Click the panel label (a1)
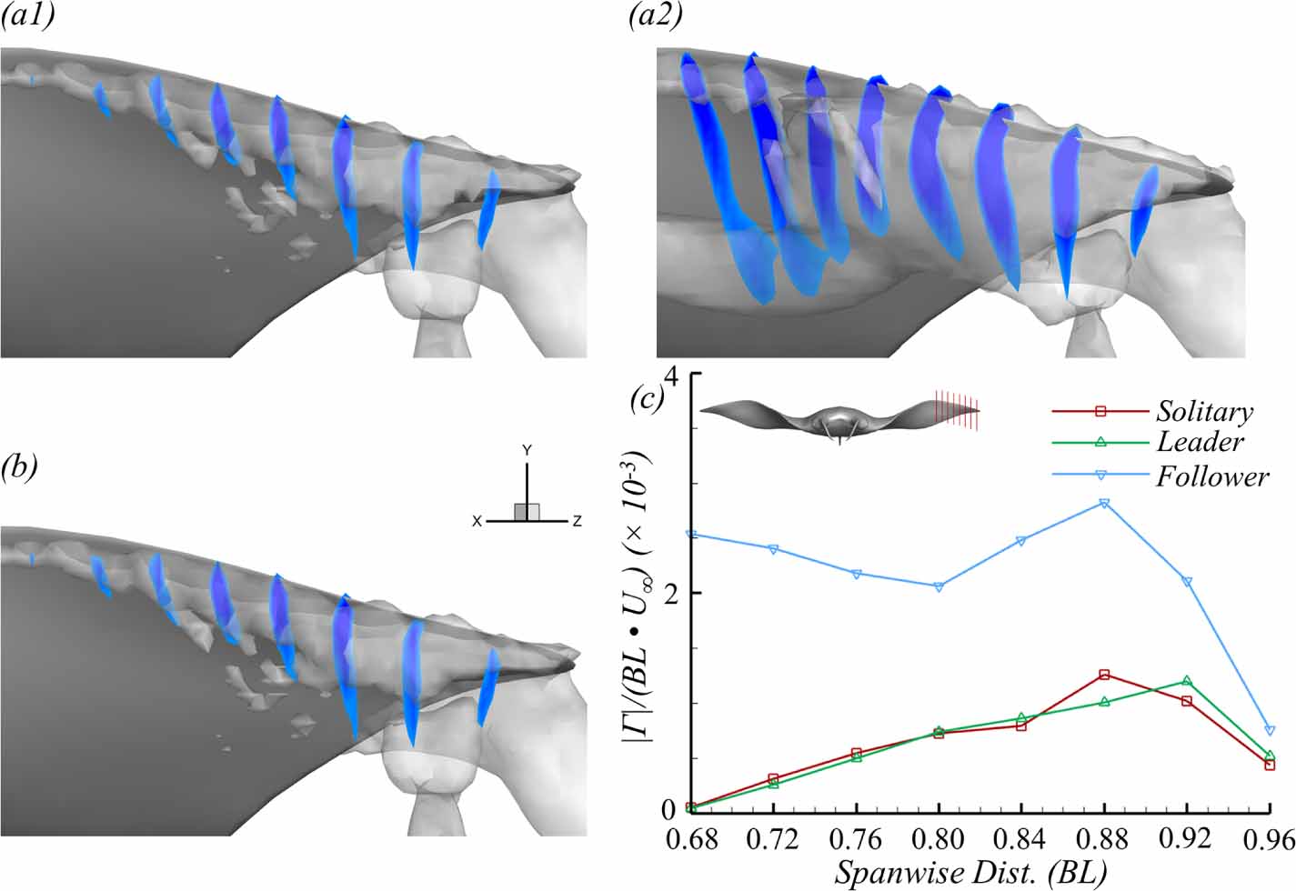[x=27, y=17]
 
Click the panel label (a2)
[x=656, y=17]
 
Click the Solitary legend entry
[x=1203, y=412]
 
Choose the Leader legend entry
[x=1200, y=443]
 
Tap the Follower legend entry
[x=1211, y=476]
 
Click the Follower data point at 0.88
[x=1104, y=503]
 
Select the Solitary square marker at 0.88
[x=1104, y=675]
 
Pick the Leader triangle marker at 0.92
[x=1187, y=681]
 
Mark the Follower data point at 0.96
[x=1270, y=731]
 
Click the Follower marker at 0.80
[x=939, y=587]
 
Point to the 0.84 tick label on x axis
[x=1021, y=837]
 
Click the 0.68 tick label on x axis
[x=691, y=837]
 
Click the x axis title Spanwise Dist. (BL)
[x=970, y=873]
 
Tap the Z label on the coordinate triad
[x=577, y=522]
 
